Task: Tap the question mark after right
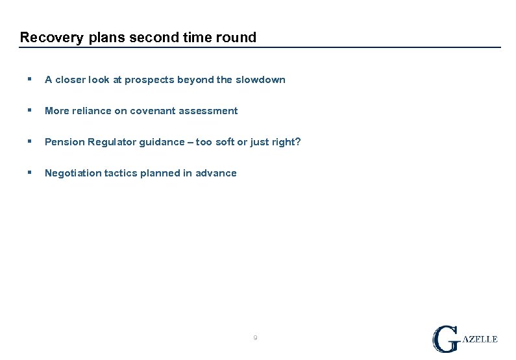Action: pyautogui.click(x=298, y=142)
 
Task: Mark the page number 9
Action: pyautogui.click(x=255, y=338)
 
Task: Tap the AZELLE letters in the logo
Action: pyautogui.click(x=480, y=339)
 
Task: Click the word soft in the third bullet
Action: pyautogui.click(x=224, y=142)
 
